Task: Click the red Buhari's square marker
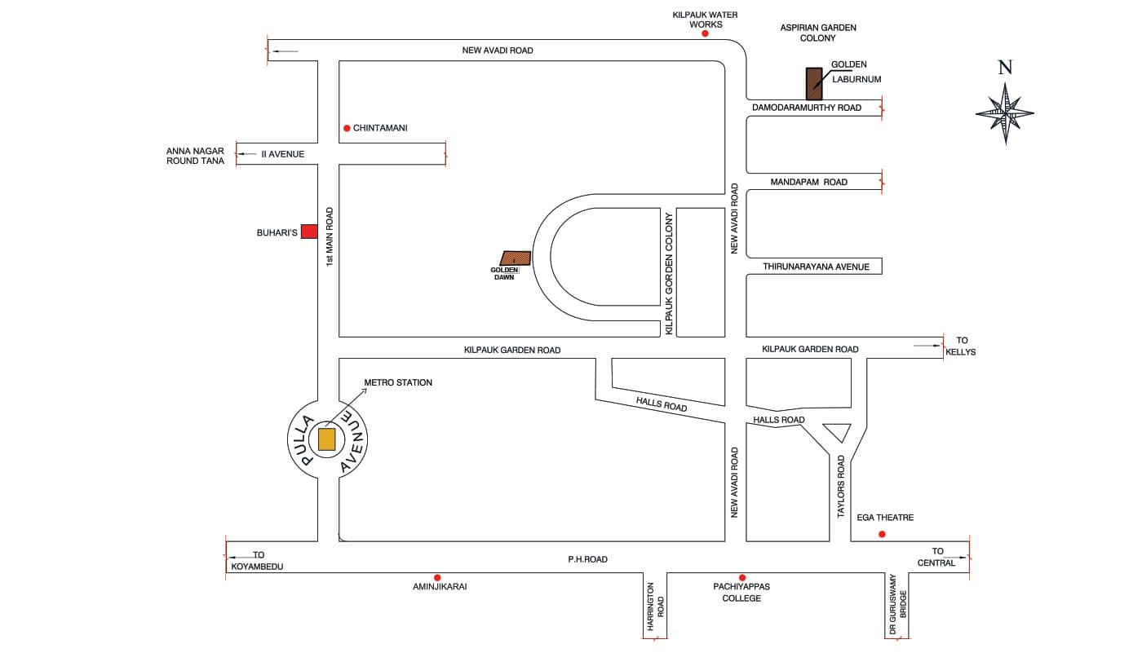[x=309, y=232]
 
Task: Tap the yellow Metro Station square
[x=326, y=439]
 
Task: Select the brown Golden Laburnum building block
[x=814, y=84]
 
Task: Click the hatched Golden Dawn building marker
[x=516, y=259]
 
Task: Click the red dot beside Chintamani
[x=347, y=128]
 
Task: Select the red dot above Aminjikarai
[x=437, y=577]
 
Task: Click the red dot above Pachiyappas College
[x=741, y=577]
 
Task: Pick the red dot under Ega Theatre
[x=881, y=535]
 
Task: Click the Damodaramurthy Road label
[x=806, y=108]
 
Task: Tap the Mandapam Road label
[x=808, y=183]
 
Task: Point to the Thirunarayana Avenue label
[x=816, y=267]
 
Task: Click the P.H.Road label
[x=587, y=560]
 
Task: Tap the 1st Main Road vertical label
[x=330, y=236]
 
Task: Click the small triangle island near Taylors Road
[x=838, y=430]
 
